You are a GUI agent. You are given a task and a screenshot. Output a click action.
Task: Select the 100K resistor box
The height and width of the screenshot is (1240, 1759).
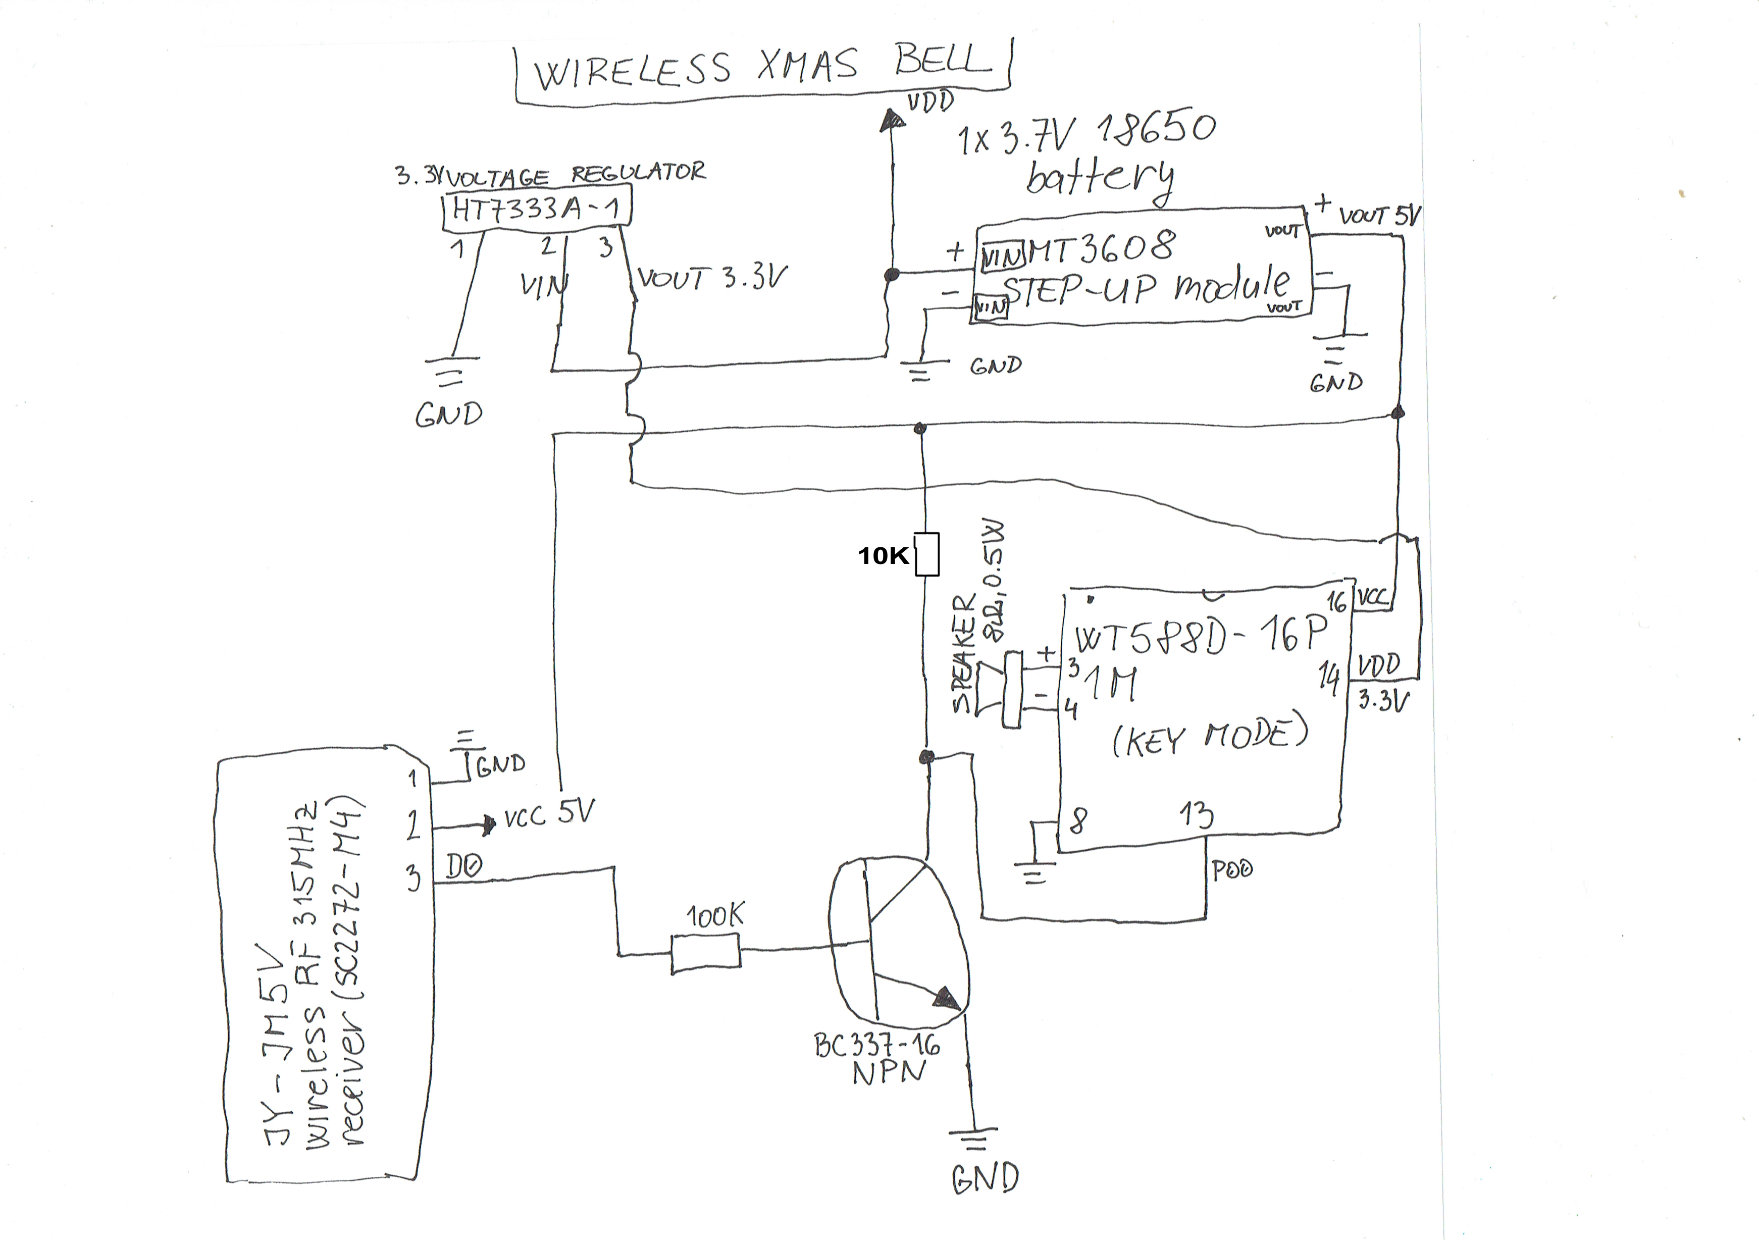(706, 954)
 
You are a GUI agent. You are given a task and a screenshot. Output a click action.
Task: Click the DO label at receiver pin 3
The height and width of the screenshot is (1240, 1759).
(464, 866)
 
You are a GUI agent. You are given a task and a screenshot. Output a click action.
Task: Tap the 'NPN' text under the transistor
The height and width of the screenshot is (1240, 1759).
(889, 1073)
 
